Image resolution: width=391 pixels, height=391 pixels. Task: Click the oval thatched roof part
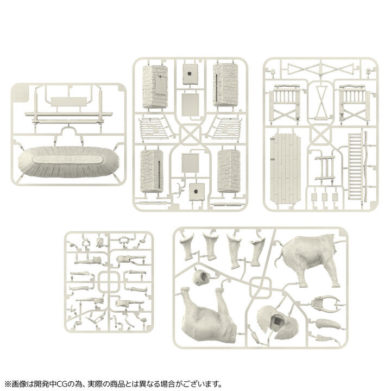coord(66,161)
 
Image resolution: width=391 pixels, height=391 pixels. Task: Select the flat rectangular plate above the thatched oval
coord(65,102)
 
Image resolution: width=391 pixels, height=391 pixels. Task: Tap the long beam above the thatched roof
coord(65,116)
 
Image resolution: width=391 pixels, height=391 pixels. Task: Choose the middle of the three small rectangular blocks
coord(325,197)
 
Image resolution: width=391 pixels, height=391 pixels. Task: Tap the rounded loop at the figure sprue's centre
coord(111,282)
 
